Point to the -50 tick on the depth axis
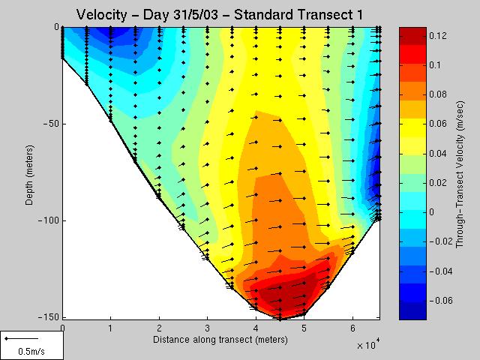click(x=50, y=124)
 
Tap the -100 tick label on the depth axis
click(x=48, y=220)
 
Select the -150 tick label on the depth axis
click(x=48, y=317)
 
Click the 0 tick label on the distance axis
click(x=62, y=328)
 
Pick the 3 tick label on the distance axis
click(x=208, y=328)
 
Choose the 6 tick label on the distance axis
click(x=352, y=328)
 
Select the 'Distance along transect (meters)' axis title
click(x=220, y=339)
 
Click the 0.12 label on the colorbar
click(x=439, y=36)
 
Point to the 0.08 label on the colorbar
click(x=439, y=94)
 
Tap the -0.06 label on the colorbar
click(x=442, y=300)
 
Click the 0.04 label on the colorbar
click(x=439, y=154)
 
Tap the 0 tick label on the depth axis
click(x=55, y=27)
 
